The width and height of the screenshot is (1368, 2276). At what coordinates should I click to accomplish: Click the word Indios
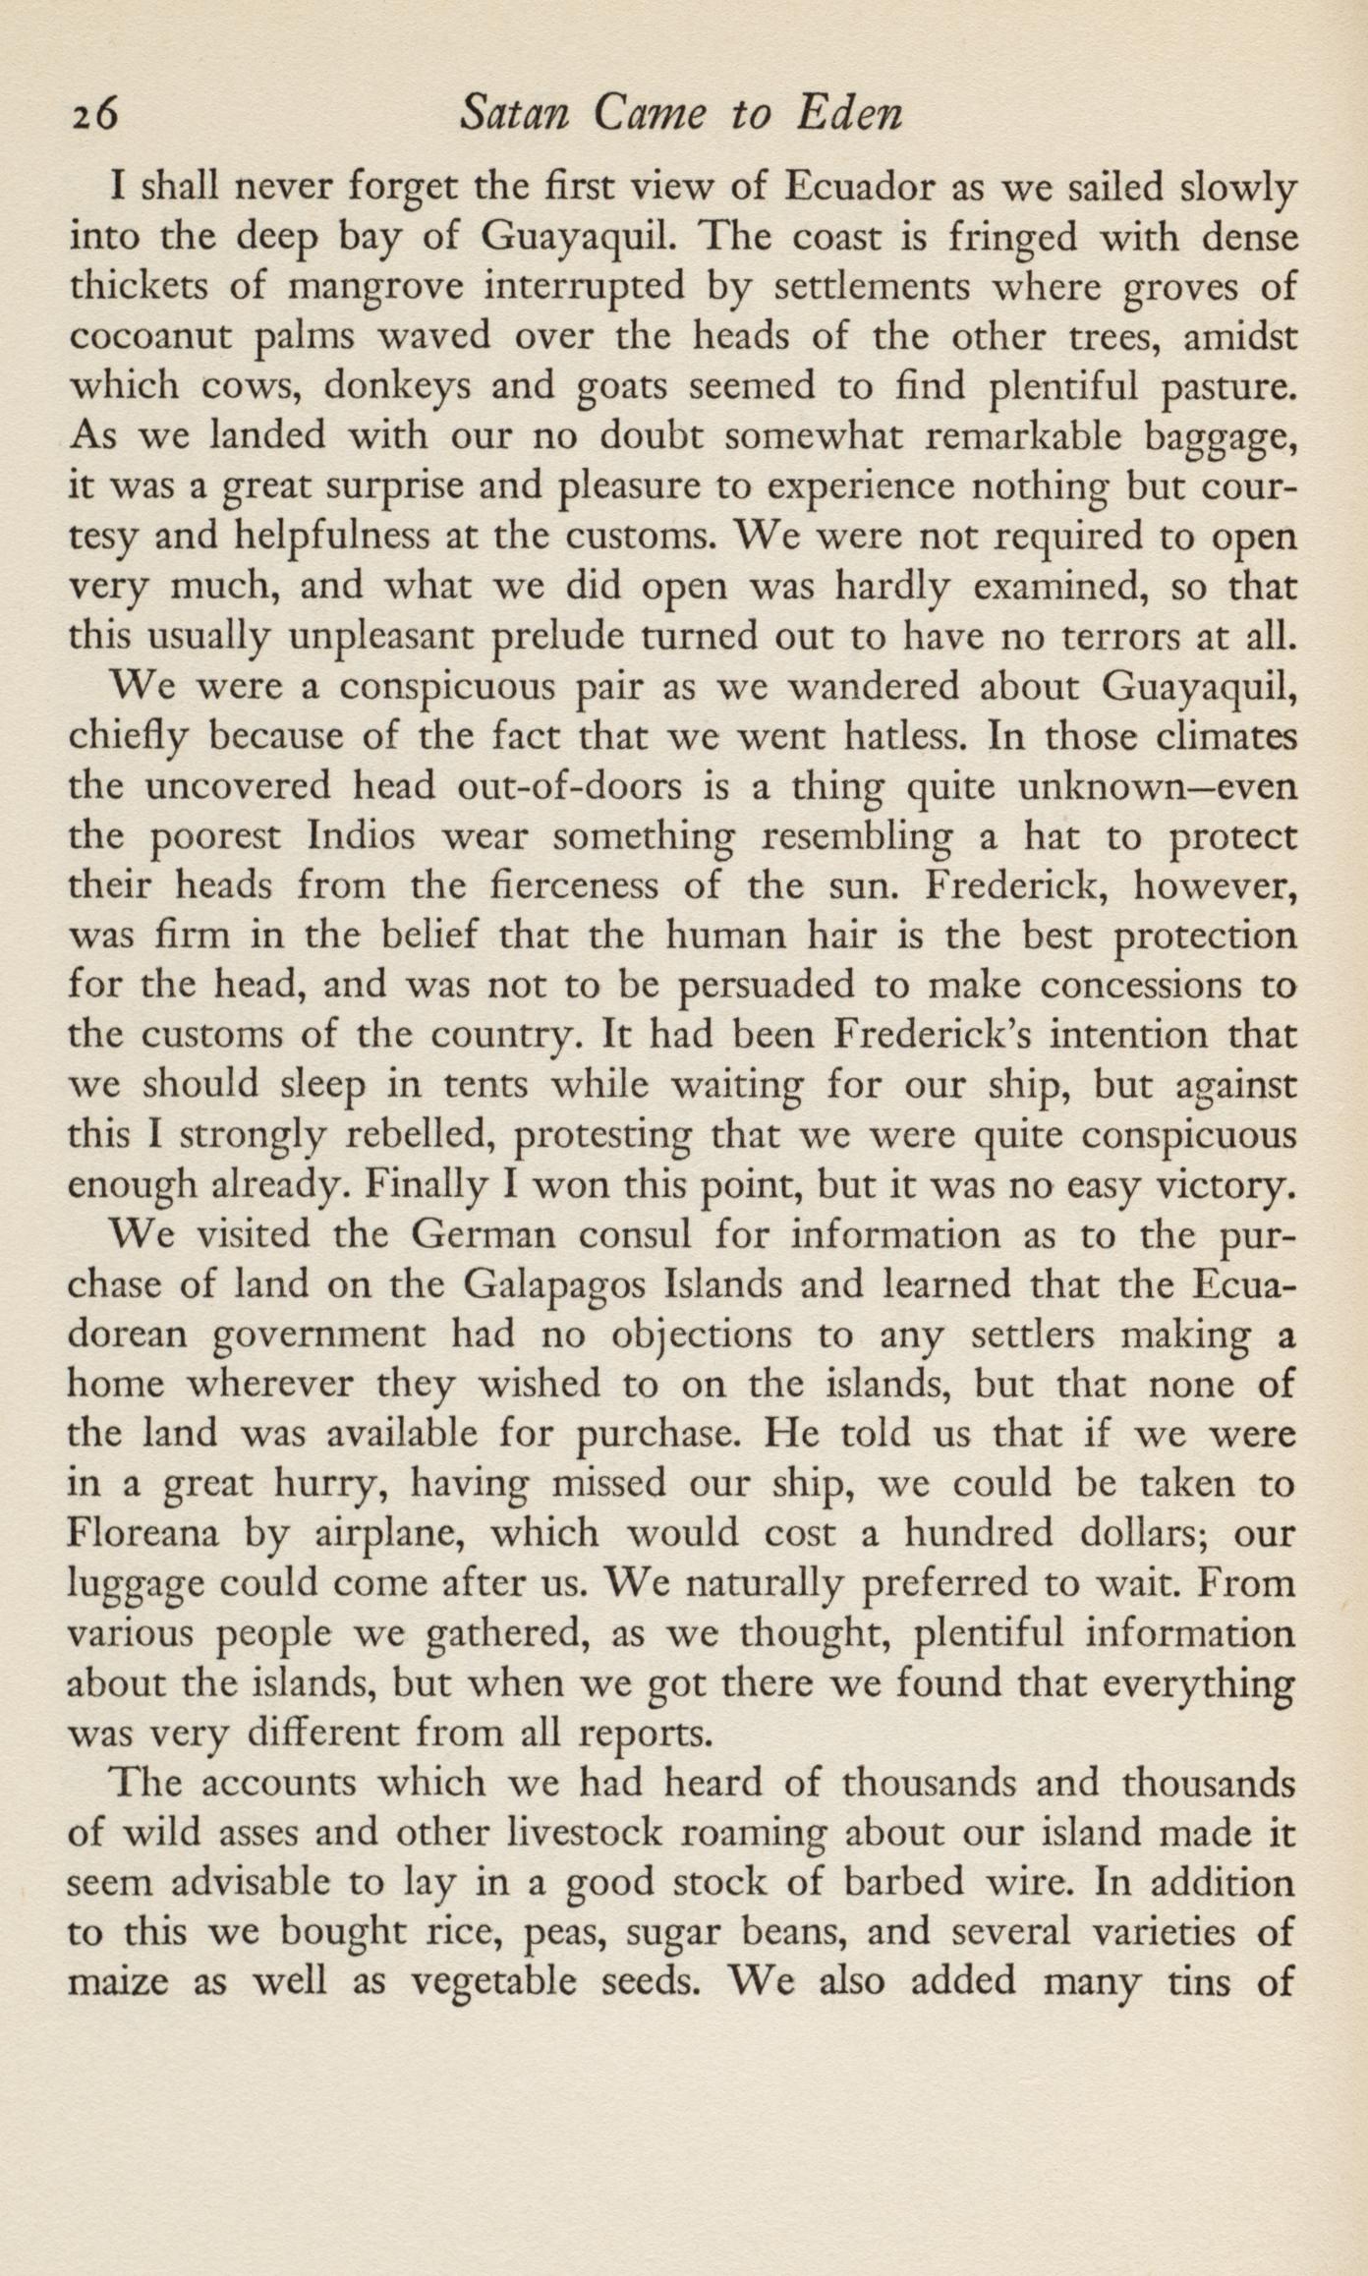365,837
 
